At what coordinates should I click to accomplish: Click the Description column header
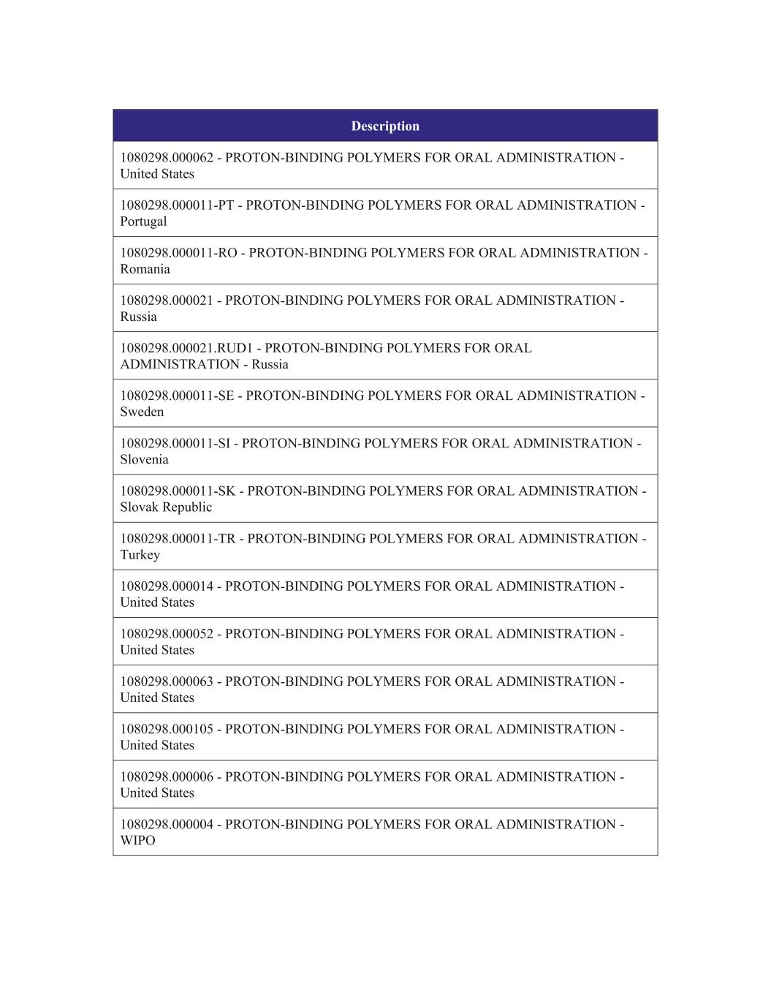[x=385, y=126]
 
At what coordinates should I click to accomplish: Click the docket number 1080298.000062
[x=167, y=158]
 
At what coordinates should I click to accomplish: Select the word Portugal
[x=143, y=222]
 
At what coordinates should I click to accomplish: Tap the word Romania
[x=145, y=269]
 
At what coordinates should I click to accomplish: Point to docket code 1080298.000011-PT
[x=177, y=205]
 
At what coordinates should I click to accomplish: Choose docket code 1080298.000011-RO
[x=178, y=253]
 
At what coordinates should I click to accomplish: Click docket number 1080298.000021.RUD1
[x=186, y=348]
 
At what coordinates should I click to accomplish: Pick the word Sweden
[x=142, y=412]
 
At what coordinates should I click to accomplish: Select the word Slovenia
[x=144, y=459]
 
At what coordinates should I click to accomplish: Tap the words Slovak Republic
[x=166, y=507]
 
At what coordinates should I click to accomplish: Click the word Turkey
[x=140, y=554]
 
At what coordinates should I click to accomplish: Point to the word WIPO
[x=137, y=840]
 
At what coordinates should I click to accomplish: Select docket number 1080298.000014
[x=167, y=586]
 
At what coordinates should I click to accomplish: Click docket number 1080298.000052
[x=167, y=634]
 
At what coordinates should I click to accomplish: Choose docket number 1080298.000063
[x=167, y=681]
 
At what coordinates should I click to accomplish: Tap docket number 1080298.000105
[x=167, y=729]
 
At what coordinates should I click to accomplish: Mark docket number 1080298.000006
[x=167, y=776]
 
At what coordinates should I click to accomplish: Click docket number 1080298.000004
[x=167, y=824]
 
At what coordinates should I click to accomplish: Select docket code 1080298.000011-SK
[x=178, y=491]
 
